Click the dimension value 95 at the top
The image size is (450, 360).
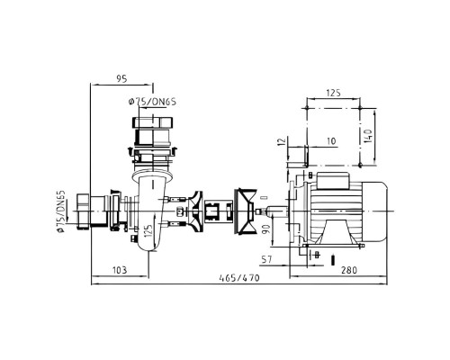(x=121, y=79)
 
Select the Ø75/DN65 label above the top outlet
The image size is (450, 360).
(x=152, y=102)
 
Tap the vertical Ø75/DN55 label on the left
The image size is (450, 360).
(x=61, y=211)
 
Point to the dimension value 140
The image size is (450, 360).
(x=368, y=136)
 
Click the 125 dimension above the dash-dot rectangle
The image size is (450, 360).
(x=333, y=93)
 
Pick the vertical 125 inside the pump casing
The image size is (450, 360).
(x=148, y=230)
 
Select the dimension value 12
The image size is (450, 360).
(x=282, y=141)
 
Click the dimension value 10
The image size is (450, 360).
(x=331, y=141)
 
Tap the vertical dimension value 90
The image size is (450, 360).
(x=266, y=229)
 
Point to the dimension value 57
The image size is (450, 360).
(x=266, y=259)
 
